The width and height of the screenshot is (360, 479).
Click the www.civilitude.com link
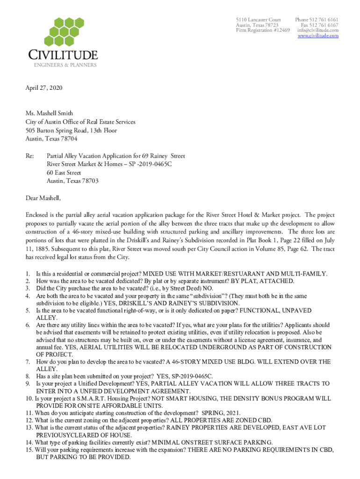pyautogui.click(x=318, y=36)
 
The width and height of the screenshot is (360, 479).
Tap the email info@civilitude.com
pyautogui.click(x=320, y=30)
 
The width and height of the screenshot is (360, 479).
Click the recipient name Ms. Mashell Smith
pyautogui.click(x=49, y=113)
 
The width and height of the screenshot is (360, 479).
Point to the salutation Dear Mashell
pyautogui.click(x=43, y=198)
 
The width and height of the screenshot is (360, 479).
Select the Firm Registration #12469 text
pyautogui.click(x=263, y=30)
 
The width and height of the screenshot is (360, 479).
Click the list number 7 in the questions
pyautogui.click(x=28, y=362)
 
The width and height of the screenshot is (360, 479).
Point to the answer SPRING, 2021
pyautogui.click(x=221, y=413)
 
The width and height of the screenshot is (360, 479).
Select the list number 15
pyautogui.click(x=29, y=450)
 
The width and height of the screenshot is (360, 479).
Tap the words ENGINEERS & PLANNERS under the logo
pyautogui.click(x=65, y=65)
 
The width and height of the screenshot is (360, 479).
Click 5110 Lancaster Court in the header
pyautogui.click(x=259, y=20)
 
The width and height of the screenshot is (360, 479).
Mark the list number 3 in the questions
pyautogui.click(x=28, y=289)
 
